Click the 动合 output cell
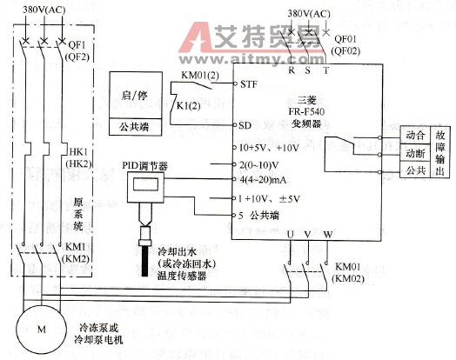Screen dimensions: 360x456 point(414,137)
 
